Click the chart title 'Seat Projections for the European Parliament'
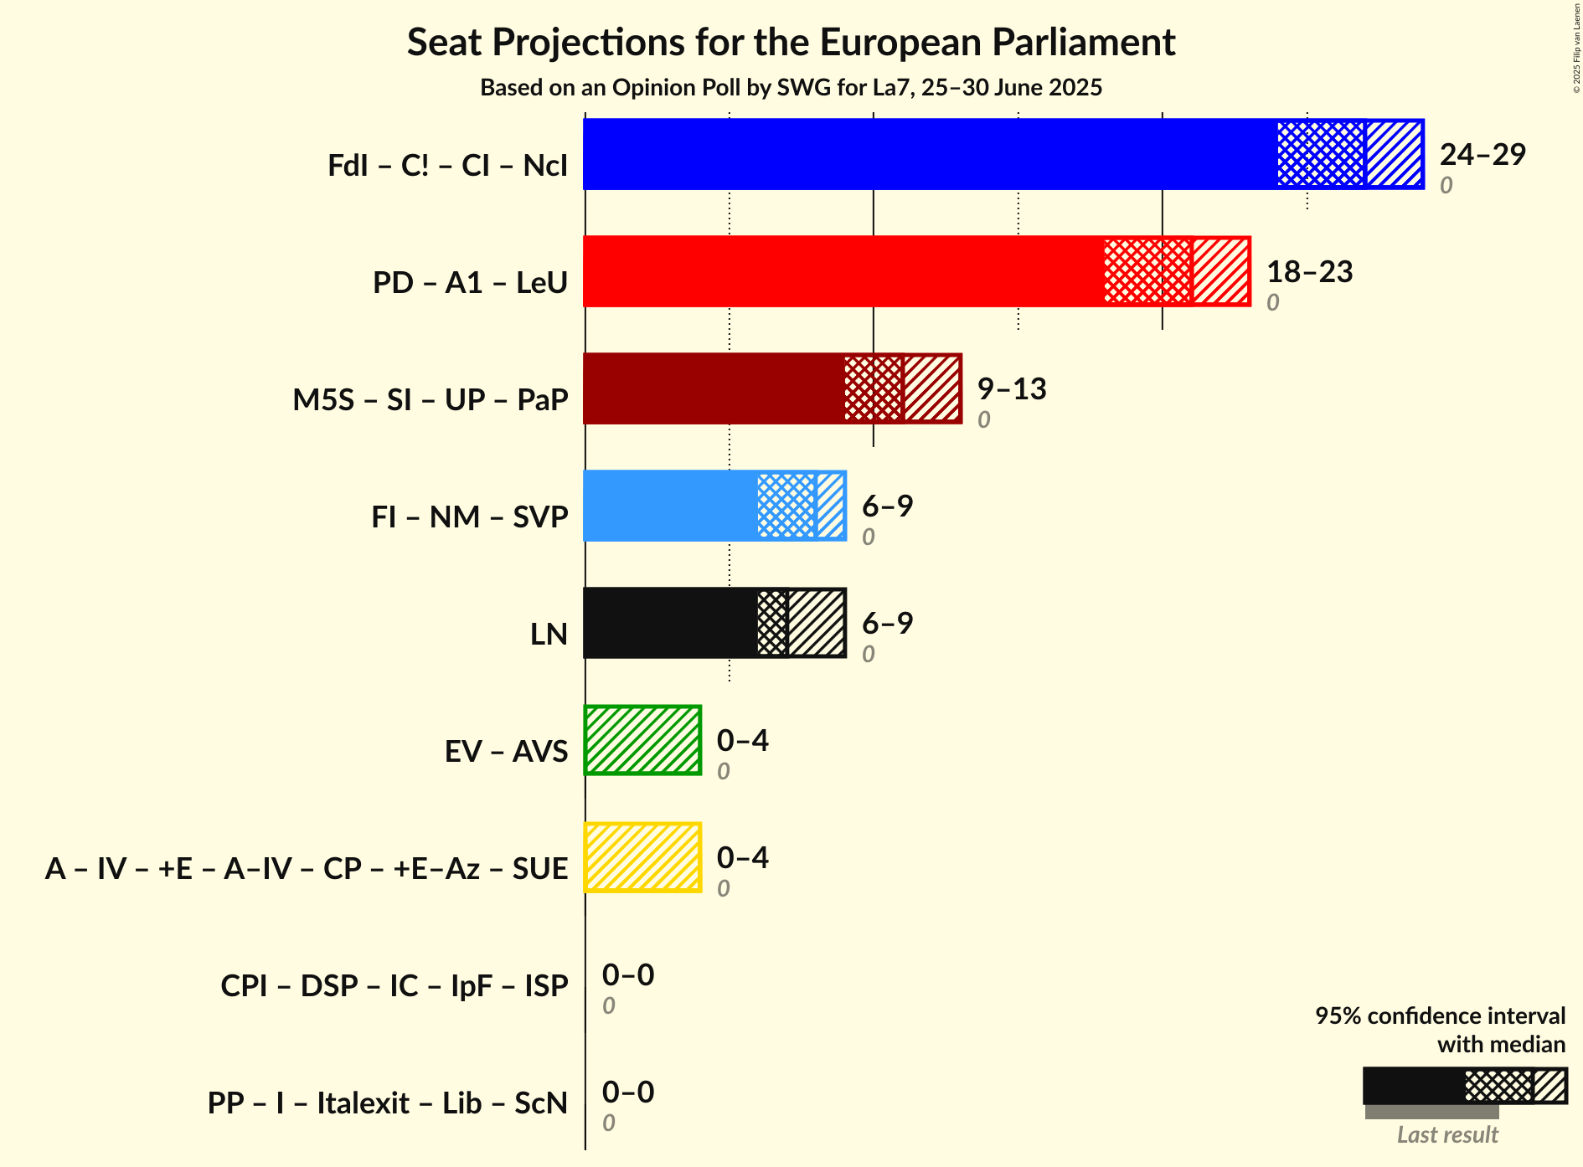pos(791,43)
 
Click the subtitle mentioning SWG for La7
pos(791,88)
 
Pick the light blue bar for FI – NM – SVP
pos(670,506)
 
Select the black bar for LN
pos(670,623)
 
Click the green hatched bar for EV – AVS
pos(642,740)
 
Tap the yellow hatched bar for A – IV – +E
pos(642,857)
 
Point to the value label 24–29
pos(1482,155)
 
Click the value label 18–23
pos(1309,272)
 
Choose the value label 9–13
pos(1012,389)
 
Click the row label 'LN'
pos(549,635)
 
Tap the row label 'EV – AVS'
pos(506,752)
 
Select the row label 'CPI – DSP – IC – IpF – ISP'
pos(394,986)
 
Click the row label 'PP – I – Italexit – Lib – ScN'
pos(388,1103)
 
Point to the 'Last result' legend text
pos(1447,1135)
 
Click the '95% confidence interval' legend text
pos(1440,1016)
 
